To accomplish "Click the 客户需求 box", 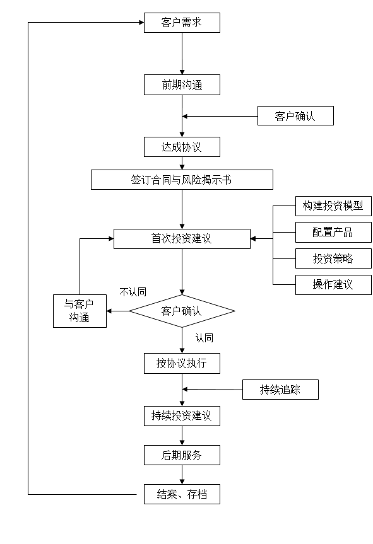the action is (182, 23).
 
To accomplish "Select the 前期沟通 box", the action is (182, 85).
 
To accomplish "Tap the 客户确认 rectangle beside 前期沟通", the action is (295, 116).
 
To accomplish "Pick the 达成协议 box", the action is (182, 147).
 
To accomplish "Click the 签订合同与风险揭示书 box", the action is (182, 180).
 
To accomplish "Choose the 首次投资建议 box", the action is (182, 239).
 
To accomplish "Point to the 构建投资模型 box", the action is (333, 206).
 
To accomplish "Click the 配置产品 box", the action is (333, 233).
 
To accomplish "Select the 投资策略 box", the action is (333, 258).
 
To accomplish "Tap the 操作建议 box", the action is (333, 285).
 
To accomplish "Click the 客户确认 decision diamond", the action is (182, 311).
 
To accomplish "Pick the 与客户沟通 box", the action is (80, 311).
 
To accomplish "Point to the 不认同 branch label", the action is (133, 292).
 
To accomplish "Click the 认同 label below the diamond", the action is (204, 338).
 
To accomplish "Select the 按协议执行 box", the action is (182, 364).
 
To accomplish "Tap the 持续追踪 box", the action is (280, 390).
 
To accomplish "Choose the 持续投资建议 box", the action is (182, 416).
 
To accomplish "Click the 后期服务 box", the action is (182, 455).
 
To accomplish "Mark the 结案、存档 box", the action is (182, 494).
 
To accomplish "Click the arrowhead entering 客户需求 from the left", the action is (142, 23).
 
